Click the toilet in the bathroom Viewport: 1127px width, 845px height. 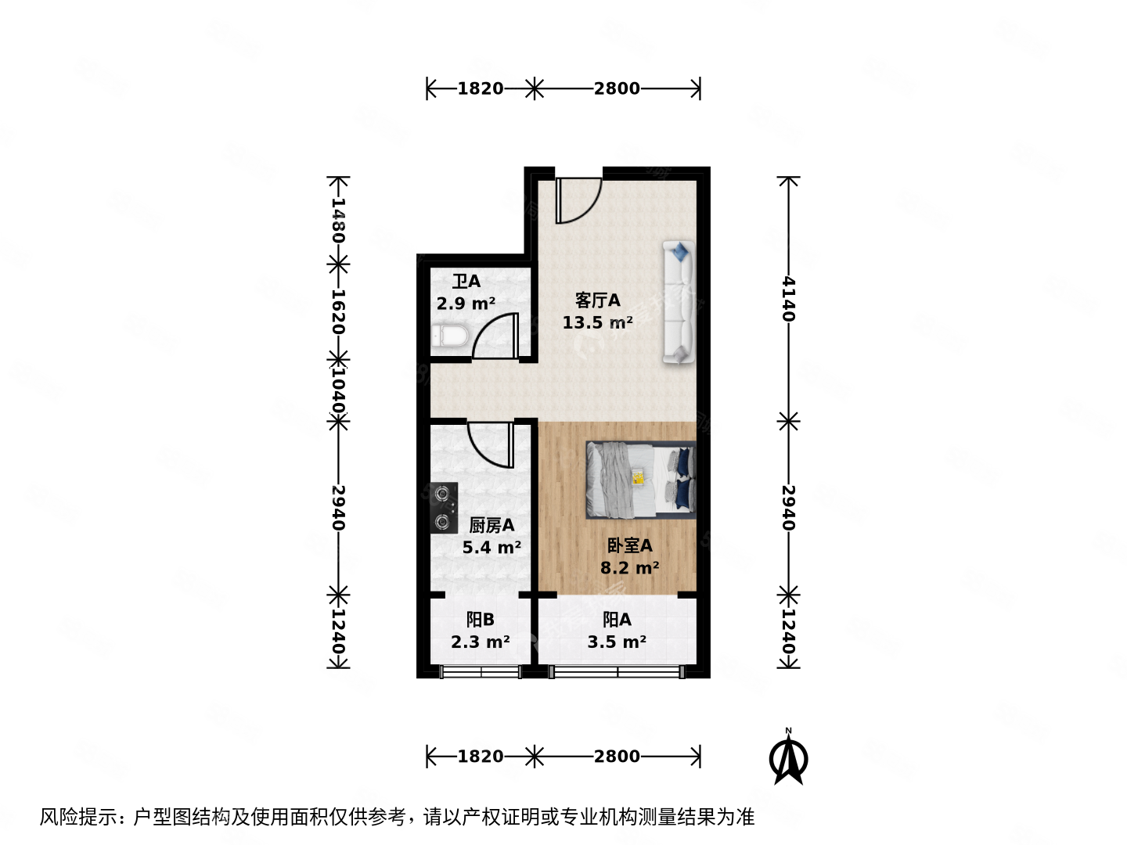(x=449, y=338)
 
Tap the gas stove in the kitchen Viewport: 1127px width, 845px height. (x=444, y=507)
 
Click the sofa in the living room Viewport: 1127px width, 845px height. (x=679, y=302)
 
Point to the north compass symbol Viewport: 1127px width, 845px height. (x=788, y=757)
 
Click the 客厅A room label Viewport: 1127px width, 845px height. (x=597, y=300)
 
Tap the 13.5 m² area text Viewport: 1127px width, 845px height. (x=597, y=322)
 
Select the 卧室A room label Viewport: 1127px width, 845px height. (x=629, y=545)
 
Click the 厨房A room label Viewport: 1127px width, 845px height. (x=491, y=525)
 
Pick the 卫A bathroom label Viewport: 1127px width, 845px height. (x=466, y=281)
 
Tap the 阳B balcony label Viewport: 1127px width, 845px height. (x=480, y=620)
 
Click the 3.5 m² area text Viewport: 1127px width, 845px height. (x=617, y=642)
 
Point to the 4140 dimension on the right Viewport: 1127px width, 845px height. (x=788, y=299)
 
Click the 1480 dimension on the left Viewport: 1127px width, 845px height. (x=337, y=219)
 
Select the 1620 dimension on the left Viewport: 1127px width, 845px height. (x=337, y=311)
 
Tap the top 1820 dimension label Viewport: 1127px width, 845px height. (x=480, y=88)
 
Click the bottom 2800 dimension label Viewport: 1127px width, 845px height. (x=617, y=757)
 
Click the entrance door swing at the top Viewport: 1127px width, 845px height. (x=578, y=200)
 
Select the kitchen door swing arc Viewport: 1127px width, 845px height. (x=490, y=443)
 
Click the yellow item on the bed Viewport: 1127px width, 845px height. (x=638, y=476)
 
